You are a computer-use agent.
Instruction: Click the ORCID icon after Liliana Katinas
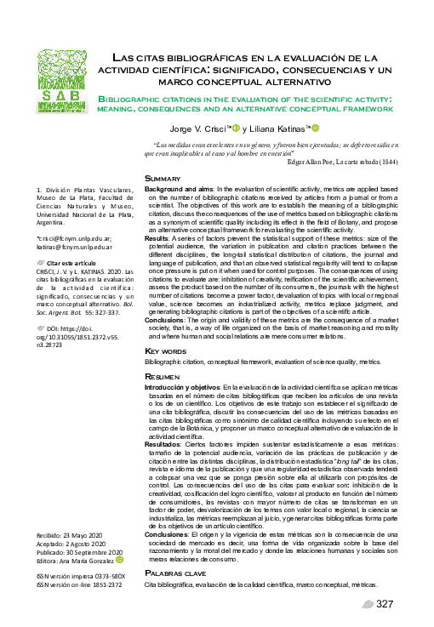point(314,128)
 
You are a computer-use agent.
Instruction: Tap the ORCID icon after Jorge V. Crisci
point(236,128)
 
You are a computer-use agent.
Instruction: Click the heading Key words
point(164,374)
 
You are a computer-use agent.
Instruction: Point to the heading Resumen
point(163,399)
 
